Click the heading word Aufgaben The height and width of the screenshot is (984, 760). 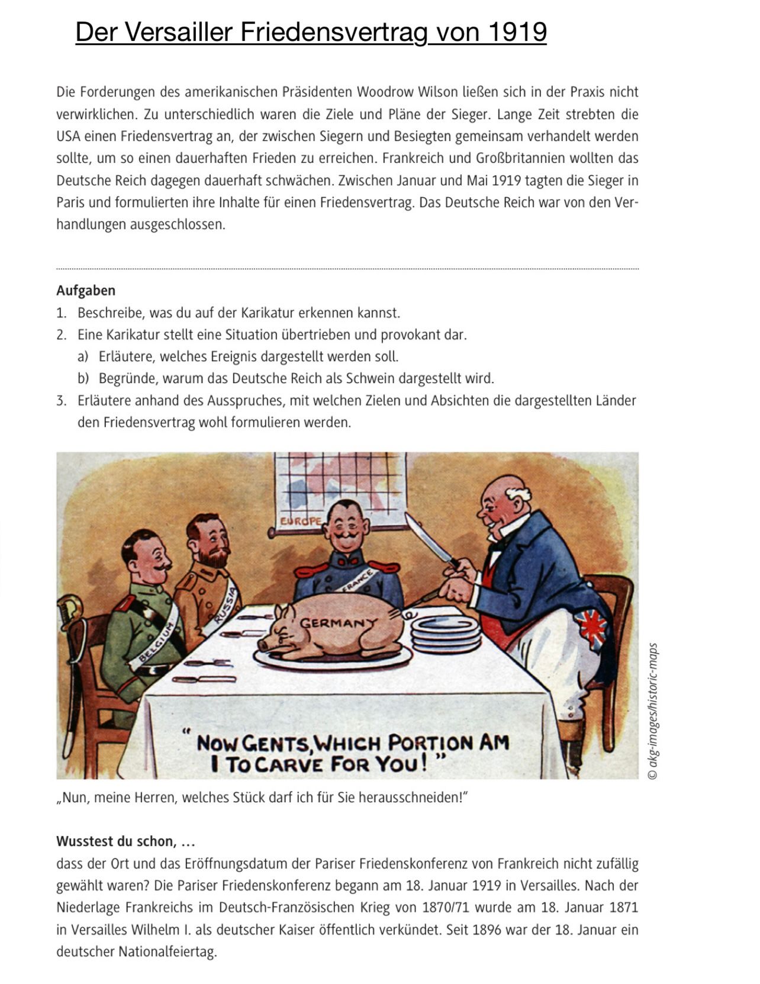[x=86, y=291]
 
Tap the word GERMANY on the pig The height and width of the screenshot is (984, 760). [x=338, y=623]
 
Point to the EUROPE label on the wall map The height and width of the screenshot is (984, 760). [x=301, y=522]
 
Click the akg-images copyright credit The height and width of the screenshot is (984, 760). [x=652, y=710]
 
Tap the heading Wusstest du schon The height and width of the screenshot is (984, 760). [x=125, y=841]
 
